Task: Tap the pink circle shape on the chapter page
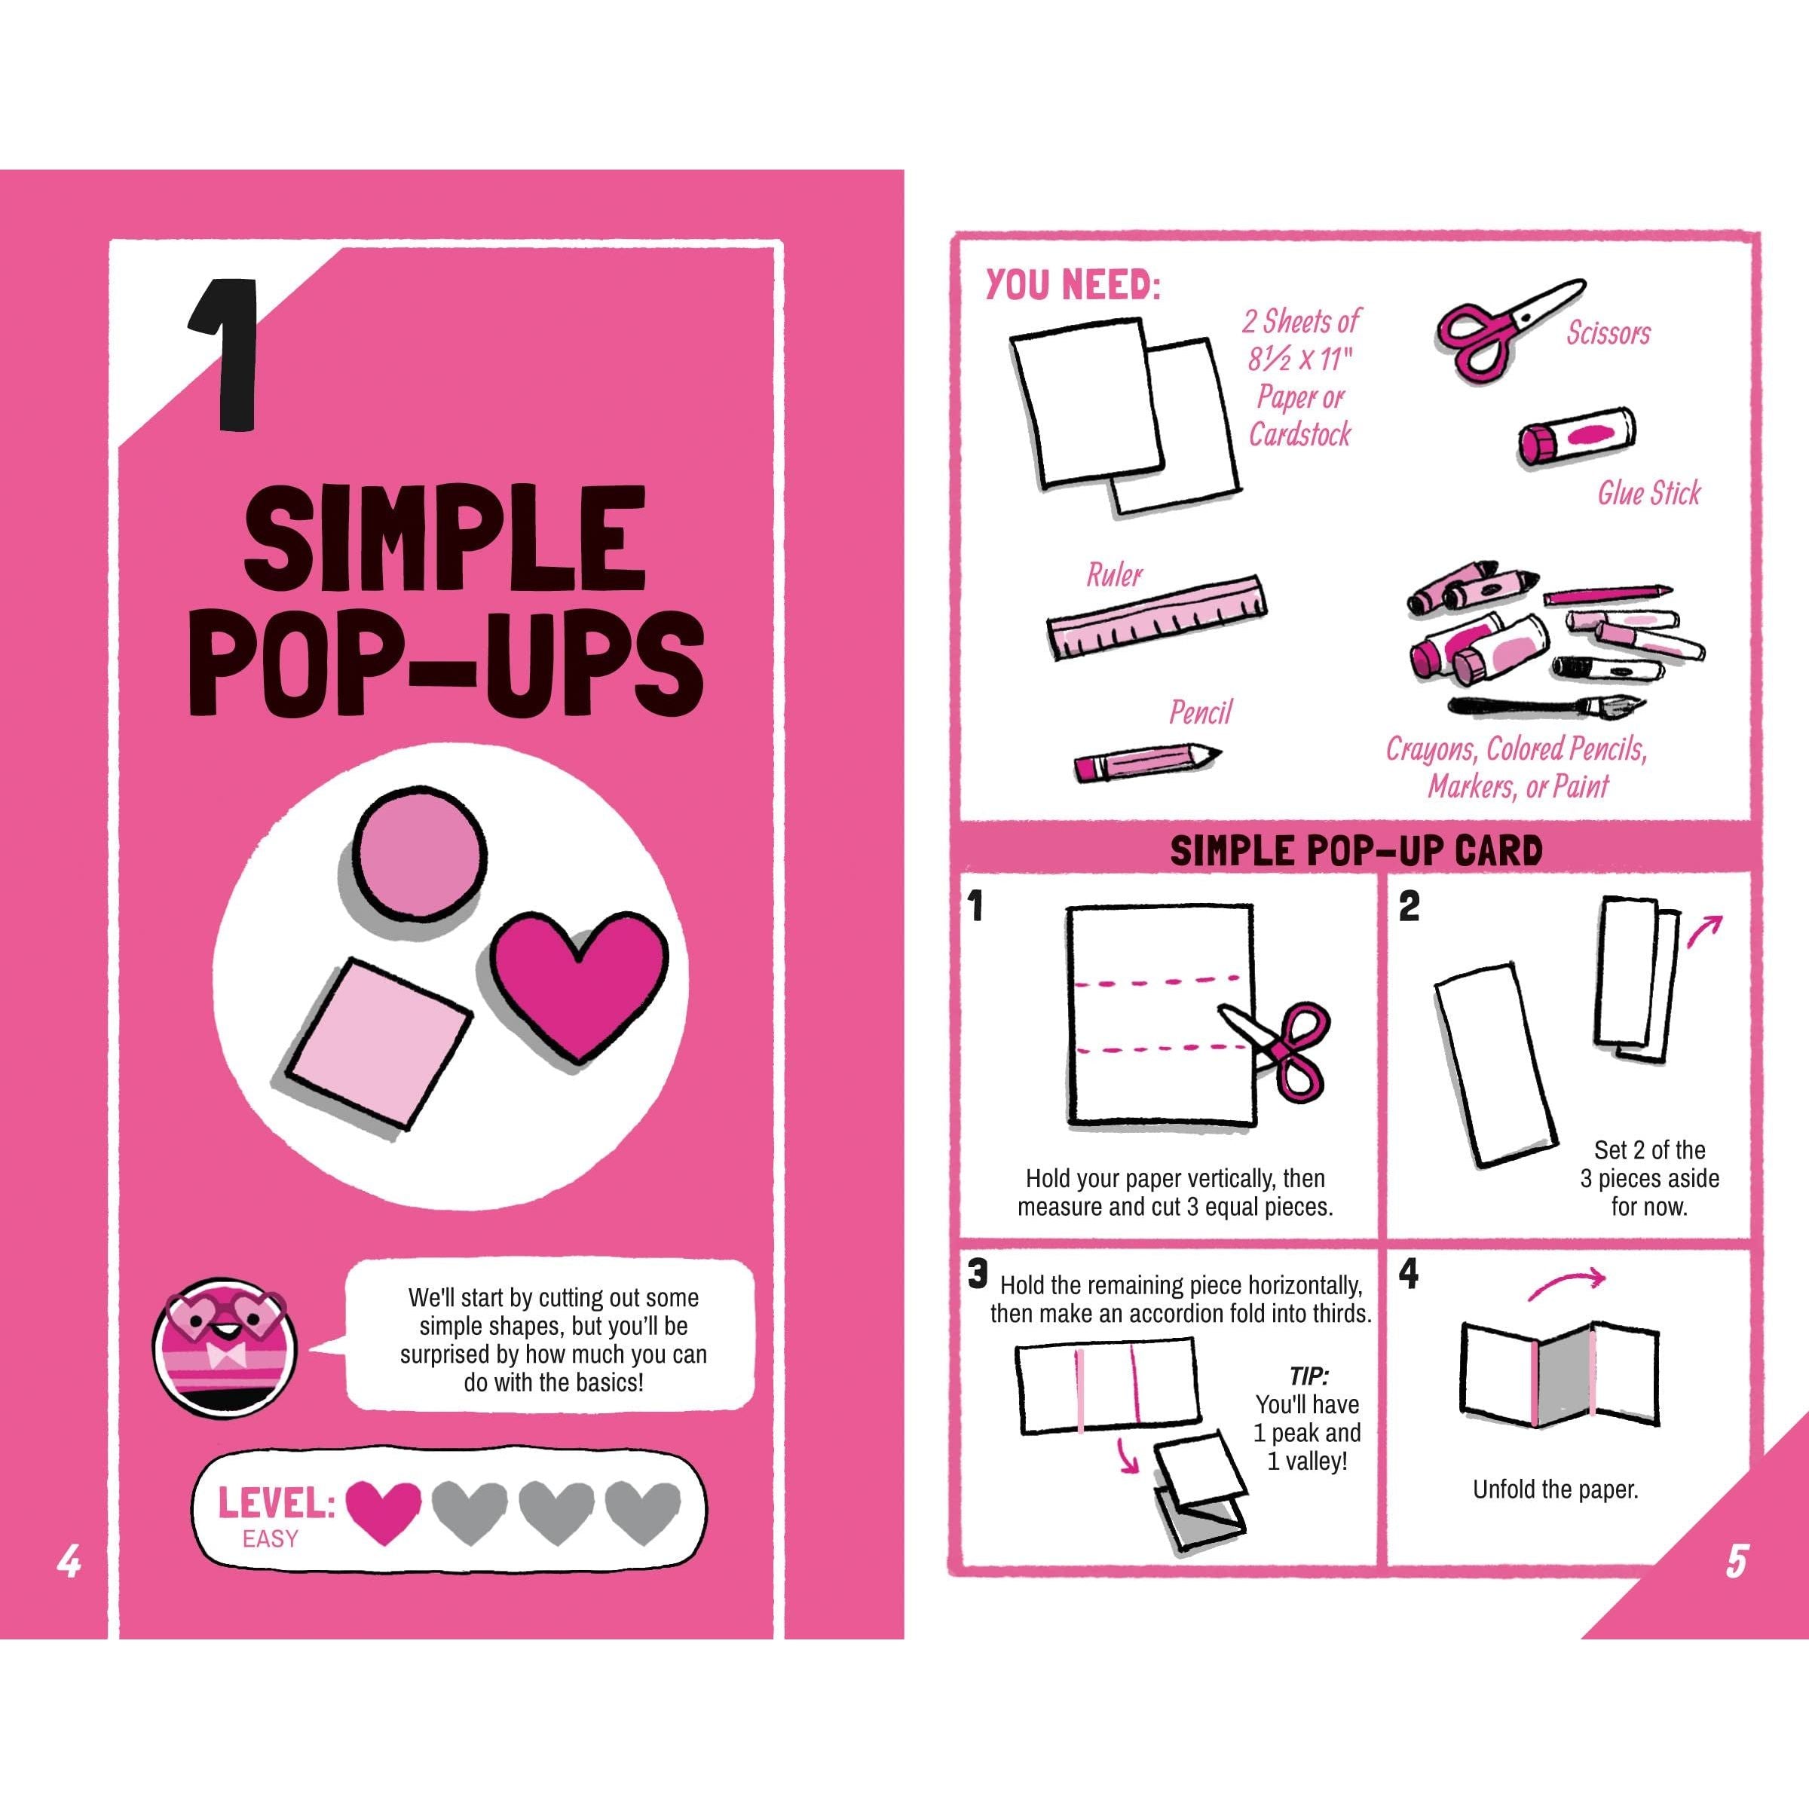pyautogui.click(x=421, y=851)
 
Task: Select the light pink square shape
pyautogui.click(x=376, y=1043)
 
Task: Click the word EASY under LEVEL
pyautogui.click(x=270, y=1539)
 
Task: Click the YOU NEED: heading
pyautogui.click(x=1072, y=285)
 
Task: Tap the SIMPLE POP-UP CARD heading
pyautogui.click(x=1357, y=850)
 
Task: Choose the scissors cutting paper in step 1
pyautogui.click(x=1276, y=1048)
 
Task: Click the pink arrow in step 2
pyautogui.click(x=1704, y=931)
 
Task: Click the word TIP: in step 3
pyautogui.click(x=1308, y=1376)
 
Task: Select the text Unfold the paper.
pyautogui.click(x=1555, y=1489)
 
